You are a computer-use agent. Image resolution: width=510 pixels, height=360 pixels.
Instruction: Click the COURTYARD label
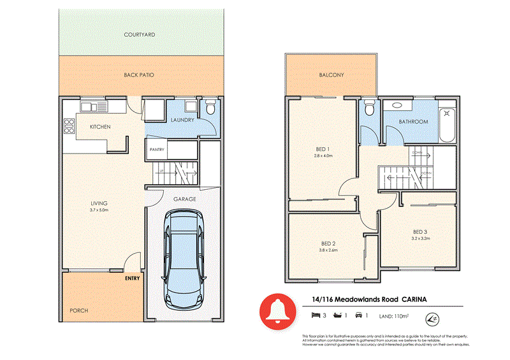[140, 34]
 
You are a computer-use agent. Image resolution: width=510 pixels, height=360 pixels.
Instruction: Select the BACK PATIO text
[139, 75]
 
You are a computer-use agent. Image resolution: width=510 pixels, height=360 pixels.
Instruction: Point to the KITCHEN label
[100, 127]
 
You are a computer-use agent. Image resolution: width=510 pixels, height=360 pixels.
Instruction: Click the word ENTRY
[133, 278]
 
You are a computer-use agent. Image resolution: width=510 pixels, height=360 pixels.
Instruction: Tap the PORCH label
[79, 311]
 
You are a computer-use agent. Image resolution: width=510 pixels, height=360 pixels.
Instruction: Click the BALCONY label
[331, 75]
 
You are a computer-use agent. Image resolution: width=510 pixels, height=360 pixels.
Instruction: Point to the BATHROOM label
[413, 121]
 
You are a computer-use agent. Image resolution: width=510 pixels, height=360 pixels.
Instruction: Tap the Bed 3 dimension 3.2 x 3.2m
[421, 238]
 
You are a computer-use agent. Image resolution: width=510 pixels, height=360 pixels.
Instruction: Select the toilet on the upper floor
[368, 111]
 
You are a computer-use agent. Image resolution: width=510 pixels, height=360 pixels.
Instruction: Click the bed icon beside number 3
[315, 315]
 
